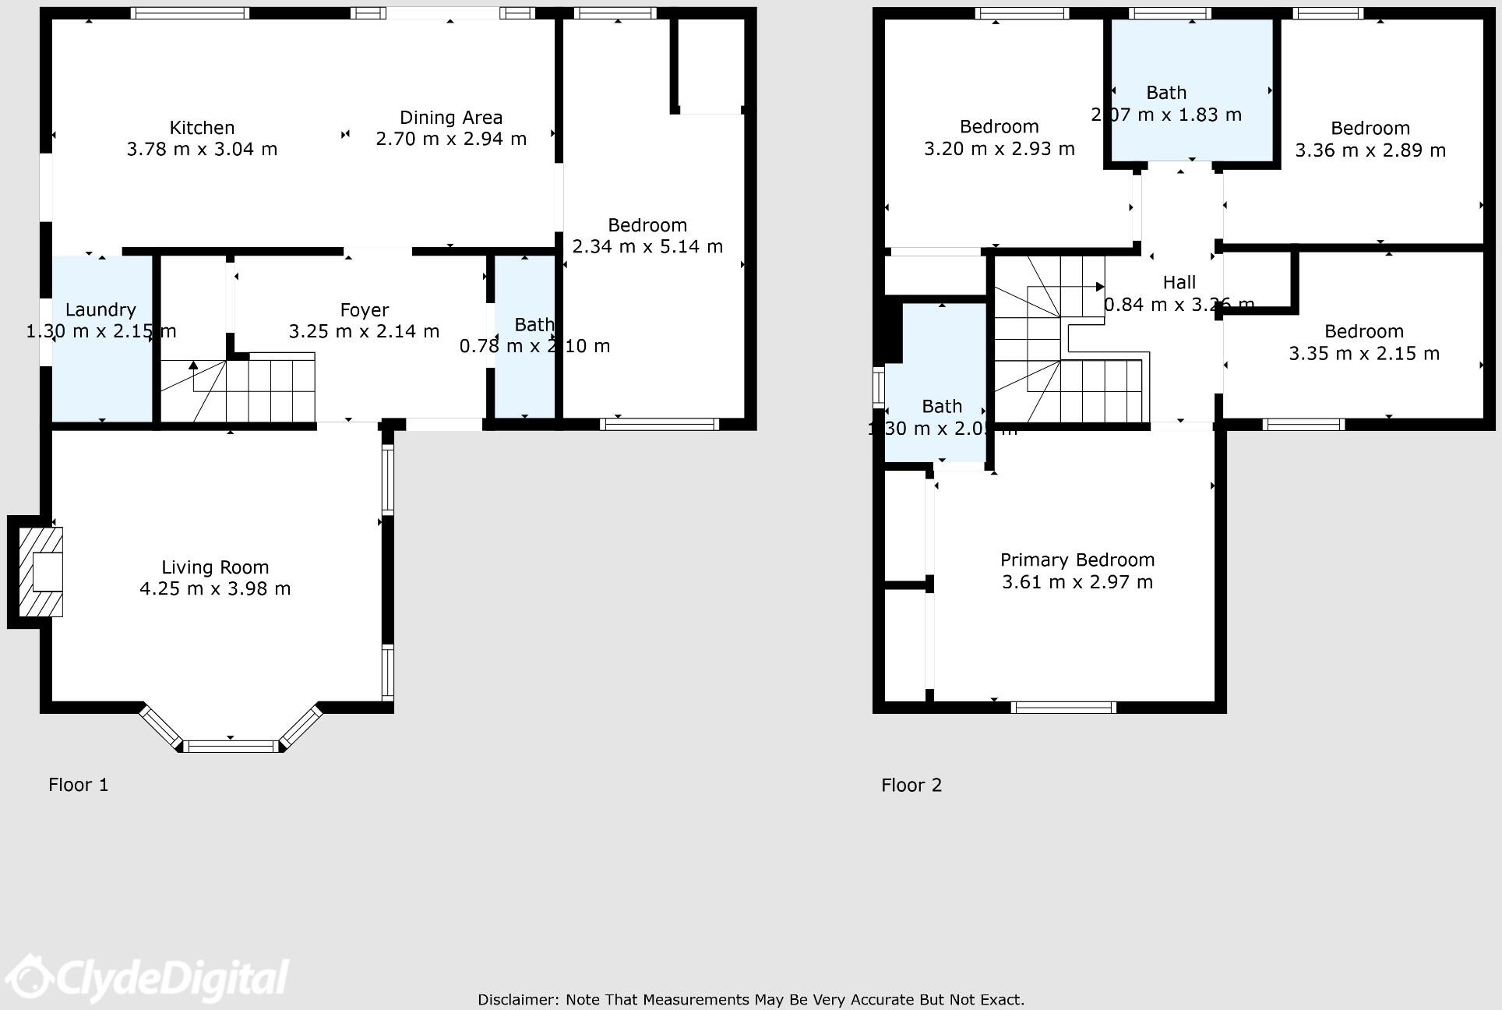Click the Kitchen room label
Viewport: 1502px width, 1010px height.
tap(202, 128)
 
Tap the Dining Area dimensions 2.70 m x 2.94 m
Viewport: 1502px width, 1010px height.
tap(451, 139)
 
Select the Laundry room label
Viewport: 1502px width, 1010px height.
tap(100, 310)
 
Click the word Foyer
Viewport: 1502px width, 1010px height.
tap(364, 310)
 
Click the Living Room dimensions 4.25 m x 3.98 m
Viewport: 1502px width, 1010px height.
tap(215, 588)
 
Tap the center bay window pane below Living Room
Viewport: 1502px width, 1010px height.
tap(232, 747)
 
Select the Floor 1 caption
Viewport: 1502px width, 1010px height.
tap(79, 785)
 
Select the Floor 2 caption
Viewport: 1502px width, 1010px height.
tap(911, 785)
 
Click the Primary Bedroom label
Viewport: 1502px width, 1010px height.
tap(1077, 560)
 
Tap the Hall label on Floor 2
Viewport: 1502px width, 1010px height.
tap(1179, 283)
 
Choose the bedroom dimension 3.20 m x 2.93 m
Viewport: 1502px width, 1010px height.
tap(1000, 149)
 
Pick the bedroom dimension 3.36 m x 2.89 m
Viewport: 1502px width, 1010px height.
tap(1370, 150)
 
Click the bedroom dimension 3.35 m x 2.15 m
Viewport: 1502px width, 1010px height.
tap(1364, 354)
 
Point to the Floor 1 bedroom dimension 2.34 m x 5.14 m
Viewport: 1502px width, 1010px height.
tap(647, 247)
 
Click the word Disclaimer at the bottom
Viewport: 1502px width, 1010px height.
tap(517, 1000)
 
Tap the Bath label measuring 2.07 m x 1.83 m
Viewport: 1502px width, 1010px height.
tap(1166, 93)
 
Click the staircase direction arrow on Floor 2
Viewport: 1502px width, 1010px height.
tap(1099, 287)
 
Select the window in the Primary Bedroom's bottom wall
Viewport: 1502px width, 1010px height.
tap(1063, 708)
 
